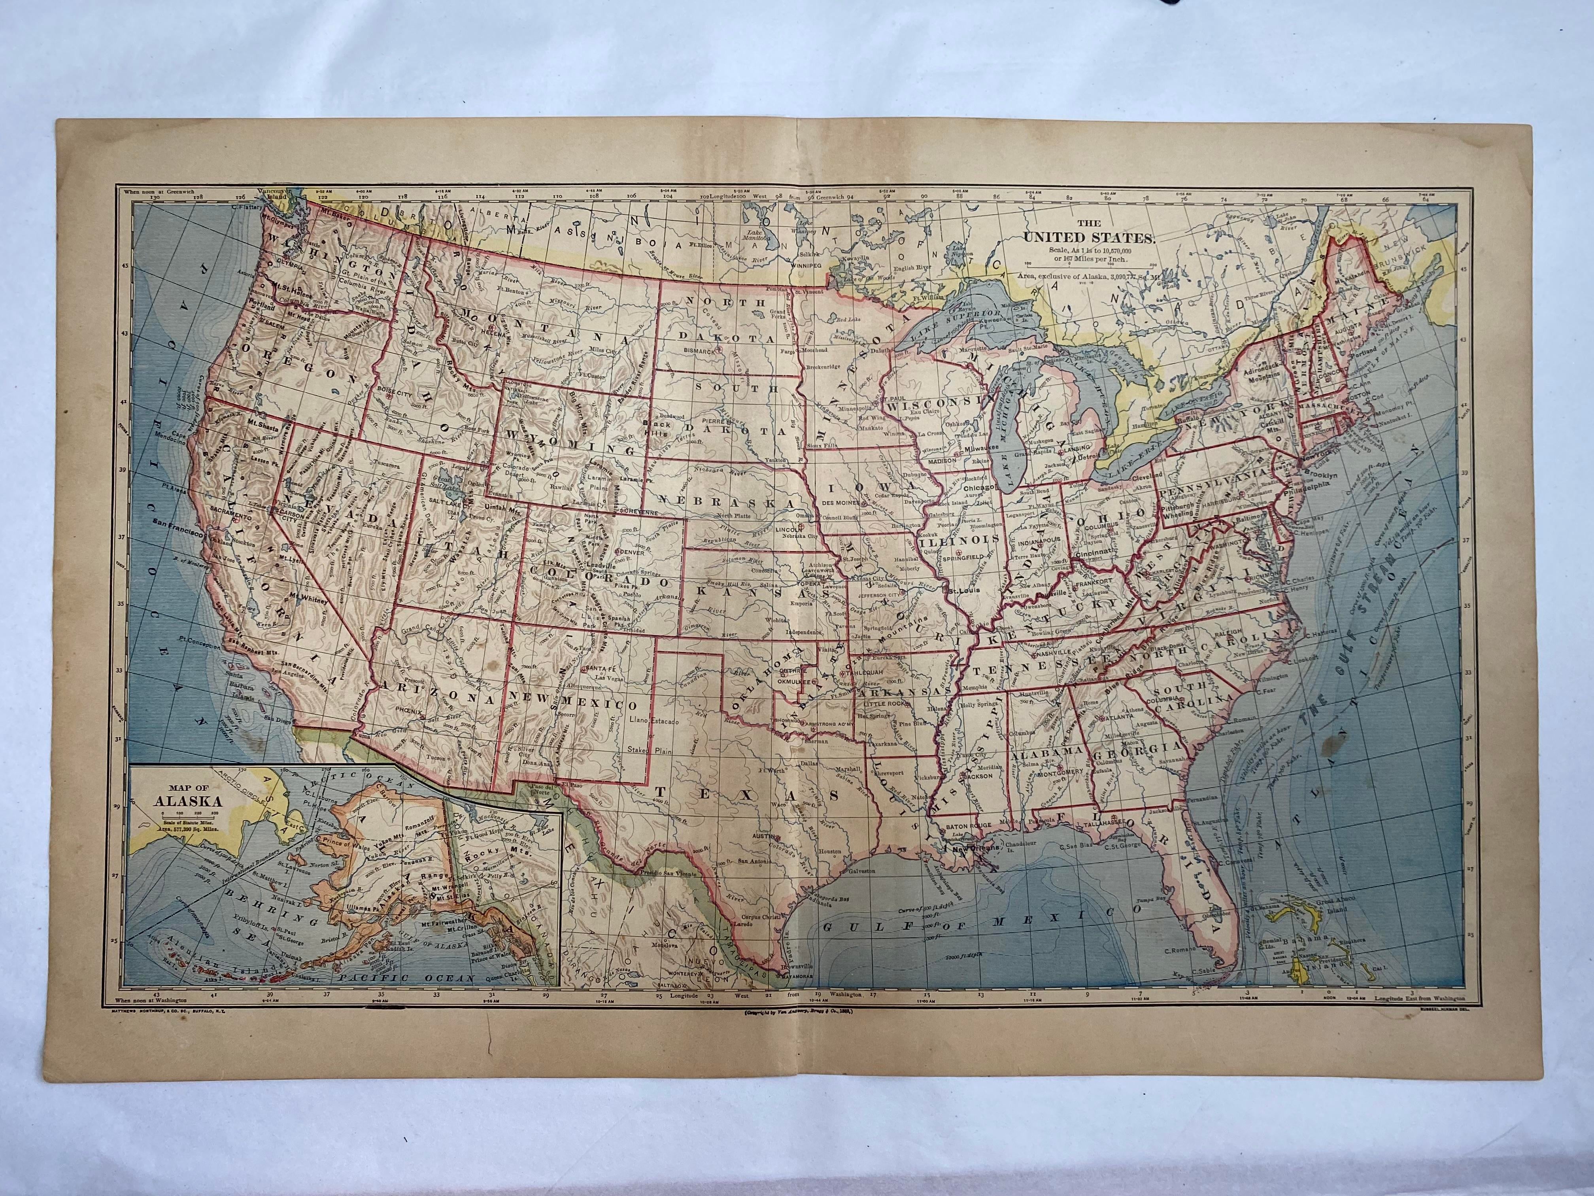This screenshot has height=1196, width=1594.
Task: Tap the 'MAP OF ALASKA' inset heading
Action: point(185,794)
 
